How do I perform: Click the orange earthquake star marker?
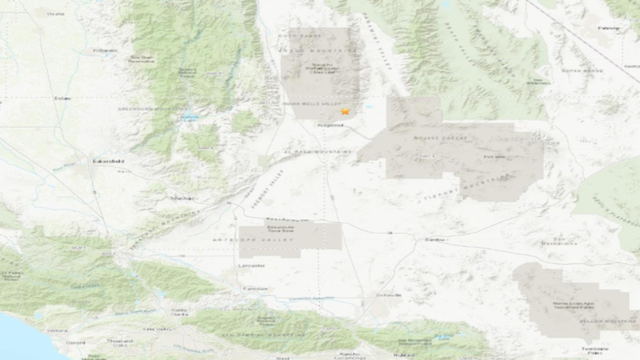344,112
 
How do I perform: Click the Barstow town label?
433,240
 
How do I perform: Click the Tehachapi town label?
183,198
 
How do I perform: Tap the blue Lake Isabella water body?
187,118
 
